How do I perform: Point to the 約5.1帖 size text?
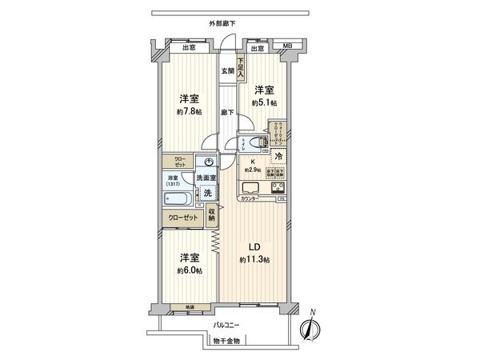[x=264, y=103]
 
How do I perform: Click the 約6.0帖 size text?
[x=190, y=270]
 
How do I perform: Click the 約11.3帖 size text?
[x=256, y=260]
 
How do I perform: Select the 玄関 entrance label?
[x=228, y=71]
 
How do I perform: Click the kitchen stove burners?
[x=277, y=190]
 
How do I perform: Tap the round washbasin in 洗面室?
[x=206, y=159]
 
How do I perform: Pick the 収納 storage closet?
[x=212, y=214]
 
